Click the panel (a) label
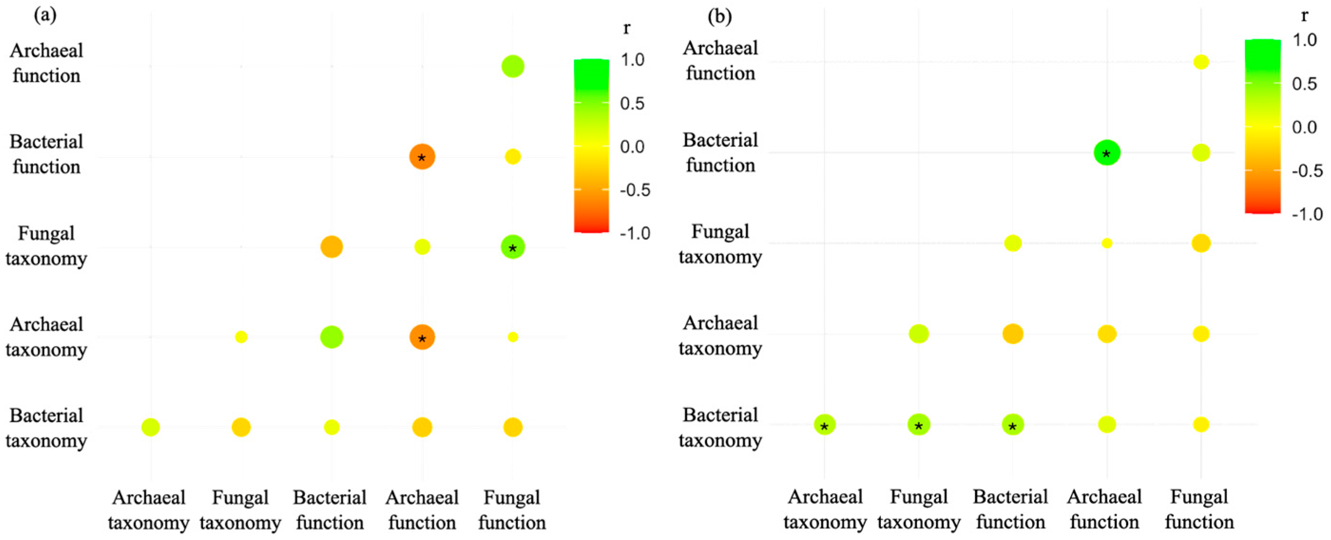pos(45,15)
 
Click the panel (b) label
pos(719,17)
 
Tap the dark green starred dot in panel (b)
pos(1107,153)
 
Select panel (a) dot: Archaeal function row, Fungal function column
pos(513,66)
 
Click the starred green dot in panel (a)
pos(513,247)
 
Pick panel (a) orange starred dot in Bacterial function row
pos(422,156)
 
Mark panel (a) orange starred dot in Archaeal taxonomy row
pos(422,337)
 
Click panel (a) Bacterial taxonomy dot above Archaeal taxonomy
pos(150,427)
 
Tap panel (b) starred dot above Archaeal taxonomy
pos(824,425)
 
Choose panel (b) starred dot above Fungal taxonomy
pos(919,425)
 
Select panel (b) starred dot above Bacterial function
pos(1013,425)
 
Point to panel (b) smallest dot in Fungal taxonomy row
pos(1107,243)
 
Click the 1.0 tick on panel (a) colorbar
pos(632,60)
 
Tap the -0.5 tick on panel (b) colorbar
pos(1307,171)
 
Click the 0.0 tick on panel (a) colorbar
pos(632,147)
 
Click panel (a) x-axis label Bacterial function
pos(330,510)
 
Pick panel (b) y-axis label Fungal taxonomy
pos(720,244)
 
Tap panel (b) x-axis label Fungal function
pos(1199,509)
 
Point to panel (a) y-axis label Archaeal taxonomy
pos(46,337)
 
